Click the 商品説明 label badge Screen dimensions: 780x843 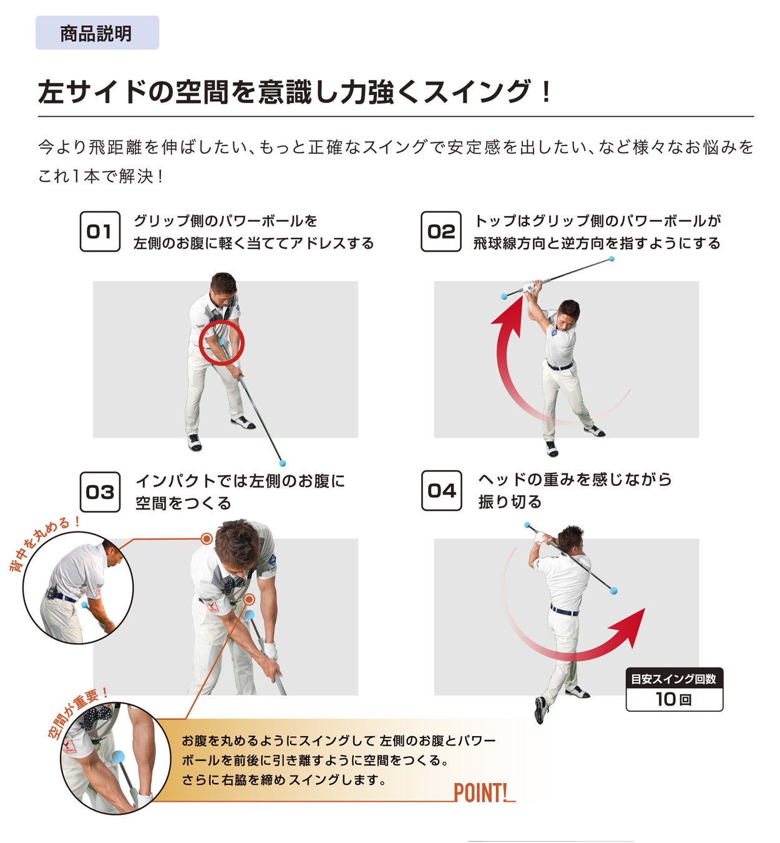pos(97,32)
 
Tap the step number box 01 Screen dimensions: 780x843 pos(100,231)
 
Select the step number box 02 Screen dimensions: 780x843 pos(441,231)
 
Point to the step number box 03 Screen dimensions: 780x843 pos(100,492)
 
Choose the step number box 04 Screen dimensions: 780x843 pos(441,490)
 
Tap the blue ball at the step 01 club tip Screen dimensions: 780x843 pos(283,463)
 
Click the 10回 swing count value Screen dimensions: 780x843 pos(674,699)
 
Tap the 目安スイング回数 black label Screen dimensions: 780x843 pos(674,679)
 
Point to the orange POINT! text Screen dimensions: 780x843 pos(481,792)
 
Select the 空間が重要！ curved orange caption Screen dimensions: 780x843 pos(76,712)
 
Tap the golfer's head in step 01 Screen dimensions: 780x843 pos(223,289)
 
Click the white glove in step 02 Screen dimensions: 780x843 pos(530,287)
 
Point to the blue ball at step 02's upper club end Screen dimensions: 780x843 pos(612,259)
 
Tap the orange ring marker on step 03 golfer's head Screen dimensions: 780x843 pos(207,539)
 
